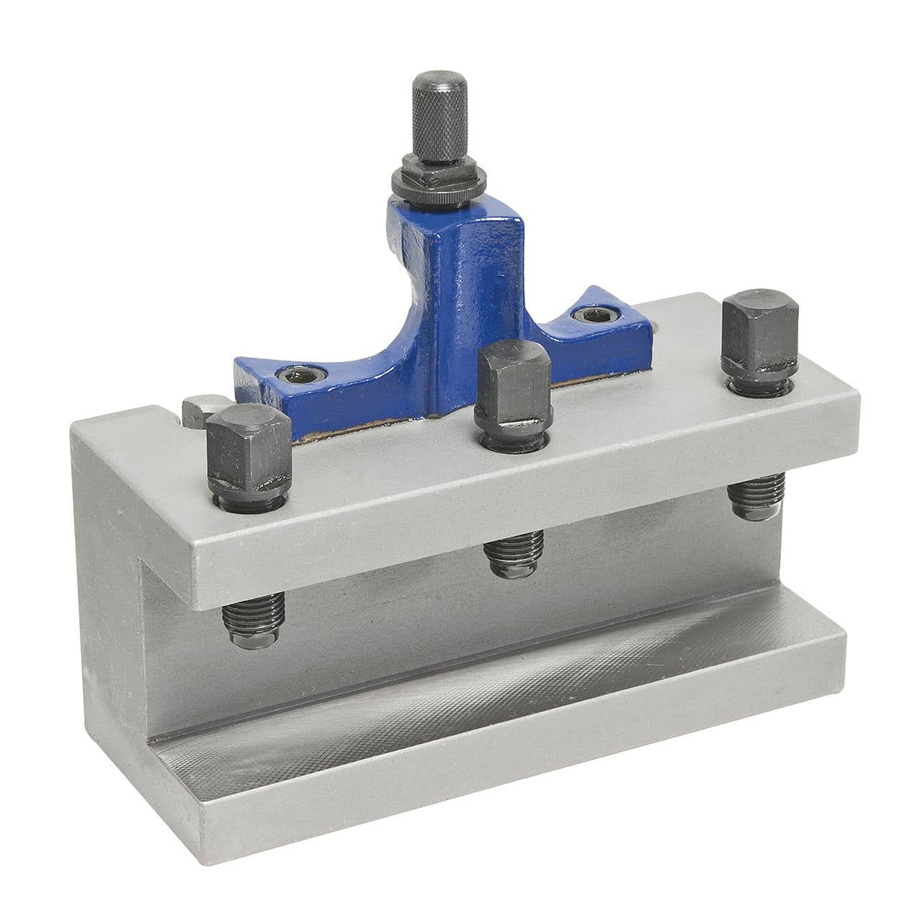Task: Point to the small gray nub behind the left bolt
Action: (195, 407)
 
